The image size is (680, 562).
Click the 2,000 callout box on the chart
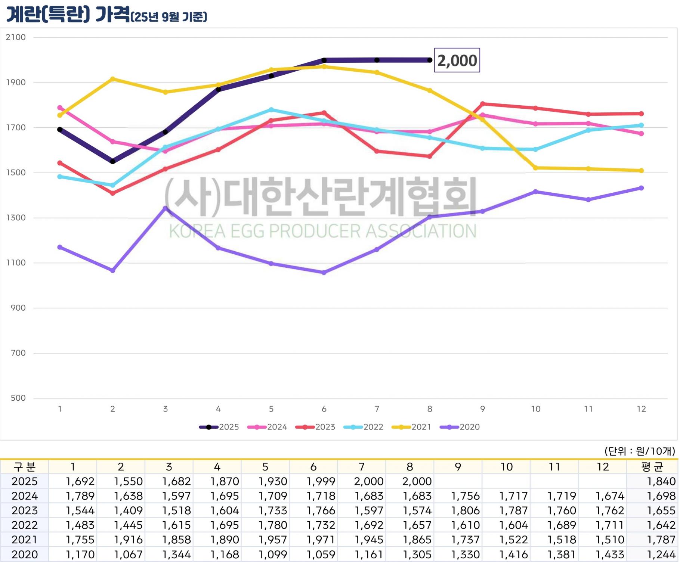pos(457,60)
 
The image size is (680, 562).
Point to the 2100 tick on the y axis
pos(16,37)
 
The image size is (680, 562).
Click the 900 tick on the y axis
pos(18,308)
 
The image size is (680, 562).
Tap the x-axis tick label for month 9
pos(482,409)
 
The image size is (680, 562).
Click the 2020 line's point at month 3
pos(166,208)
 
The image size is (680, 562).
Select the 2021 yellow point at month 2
pos(112,79)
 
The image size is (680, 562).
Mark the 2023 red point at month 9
pos(482,104)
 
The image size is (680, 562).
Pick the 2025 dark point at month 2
pos(112,161)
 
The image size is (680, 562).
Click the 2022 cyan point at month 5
pos(271,110)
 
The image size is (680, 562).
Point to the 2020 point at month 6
pos(324,273)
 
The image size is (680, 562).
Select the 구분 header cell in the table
pos(24,467)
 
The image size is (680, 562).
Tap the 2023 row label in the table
pos(24,510)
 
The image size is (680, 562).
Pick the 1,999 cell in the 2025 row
pos(321,481)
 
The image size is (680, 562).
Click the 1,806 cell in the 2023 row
pos(465,510)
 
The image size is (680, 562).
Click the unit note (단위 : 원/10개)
pos(639,451)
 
